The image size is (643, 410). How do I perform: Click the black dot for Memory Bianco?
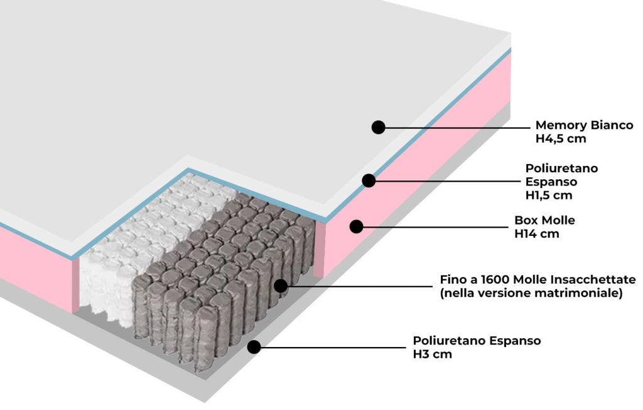378,127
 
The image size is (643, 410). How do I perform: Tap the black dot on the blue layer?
369,180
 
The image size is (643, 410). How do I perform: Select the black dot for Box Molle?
357,226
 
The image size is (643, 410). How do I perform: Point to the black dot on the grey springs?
281,285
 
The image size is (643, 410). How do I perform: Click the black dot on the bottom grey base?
254,346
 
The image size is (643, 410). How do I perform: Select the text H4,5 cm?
561,139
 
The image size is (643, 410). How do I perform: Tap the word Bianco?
612,125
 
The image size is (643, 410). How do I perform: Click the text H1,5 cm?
549,195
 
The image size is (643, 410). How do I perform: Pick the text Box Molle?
544,221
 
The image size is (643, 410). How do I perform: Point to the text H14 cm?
536,234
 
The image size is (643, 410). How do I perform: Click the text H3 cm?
432,354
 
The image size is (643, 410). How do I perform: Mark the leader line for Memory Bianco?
458,128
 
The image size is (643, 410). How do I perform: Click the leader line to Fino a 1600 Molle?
358,286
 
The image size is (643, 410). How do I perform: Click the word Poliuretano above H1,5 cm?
561,169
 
